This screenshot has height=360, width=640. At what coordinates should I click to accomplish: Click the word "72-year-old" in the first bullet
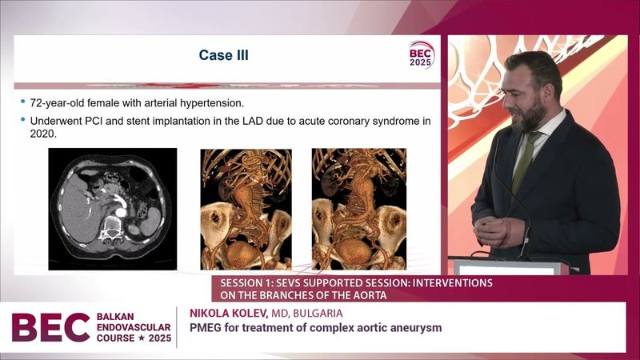pos(54,102)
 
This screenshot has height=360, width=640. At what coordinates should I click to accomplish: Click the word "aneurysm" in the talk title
pos(415,327)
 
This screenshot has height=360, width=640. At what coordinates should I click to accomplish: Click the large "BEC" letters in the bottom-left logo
pos(50,327)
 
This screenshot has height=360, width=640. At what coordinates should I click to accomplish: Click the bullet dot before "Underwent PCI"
pos(22,121)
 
